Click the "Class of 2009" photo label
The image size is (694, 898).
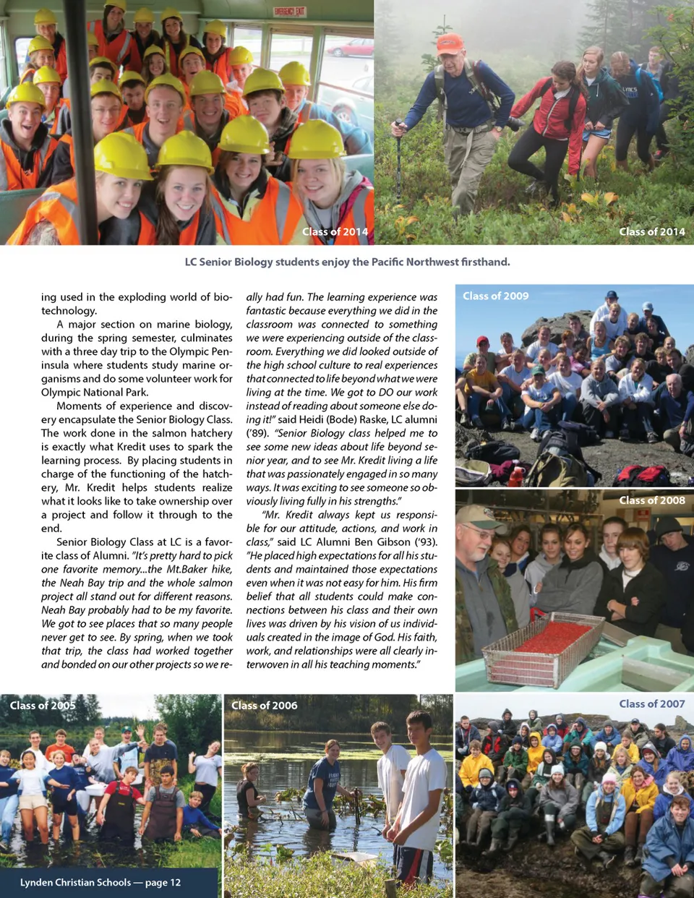pos(495,296)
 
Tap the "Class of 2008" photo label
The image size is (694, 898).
pos(651,500)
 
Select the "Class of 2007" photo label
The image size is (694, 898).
pos(651,704)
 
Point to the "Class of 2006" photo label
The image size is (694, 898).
pos(264,705)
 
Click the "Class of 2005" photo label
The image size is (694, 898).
pos(43,705)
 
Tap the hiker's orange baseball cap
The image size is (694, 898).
pos(450,43)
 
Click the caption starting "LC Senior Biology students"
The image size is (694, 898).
pos(347,262)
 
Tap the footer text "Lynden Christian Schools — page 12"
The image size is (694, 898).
pos(100,882)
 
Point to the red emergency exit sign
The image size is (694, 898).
pos(289,12)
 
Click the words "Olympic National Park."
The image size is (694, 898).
pos(95,392)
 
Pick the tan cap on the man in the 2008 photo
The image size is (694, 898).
pos(478,516)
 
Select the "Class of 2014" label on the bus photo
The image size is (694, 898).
pos(335,231)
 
